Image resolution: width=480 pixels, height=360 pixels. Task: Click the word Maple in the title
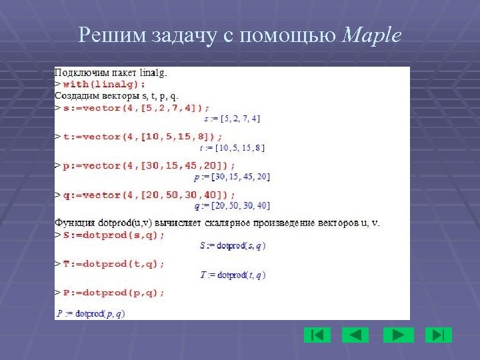point(372,36)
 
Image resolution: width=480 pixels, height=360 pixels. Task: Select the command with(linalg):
point(104,84)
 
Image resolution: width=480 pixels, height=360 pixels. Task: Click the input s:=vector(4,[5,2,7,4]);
point(136,107)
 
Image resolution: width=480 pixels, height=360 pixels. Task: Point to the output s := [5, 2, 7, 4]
point(232,119)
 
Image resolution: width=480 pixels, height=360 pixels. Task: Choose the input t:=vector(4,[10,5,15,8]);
point(143,137)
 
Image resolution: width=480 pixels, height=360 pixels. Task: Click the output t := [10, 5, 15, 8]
point(232,148)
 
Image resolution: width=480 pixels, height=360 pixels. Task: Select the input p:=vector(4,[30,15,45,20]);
point(149,165)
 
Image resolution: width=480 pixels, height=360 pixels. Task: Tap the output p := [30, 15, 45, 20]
point(232,177)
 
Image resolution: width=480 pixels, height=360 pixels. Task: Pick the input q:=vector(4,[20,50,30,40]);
point(149,195)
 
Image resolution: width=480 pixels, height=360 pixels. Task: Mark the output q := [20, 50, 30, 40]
point(232,205)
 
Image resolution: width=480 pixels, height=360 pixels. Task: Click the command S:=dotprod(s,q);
point(114,235)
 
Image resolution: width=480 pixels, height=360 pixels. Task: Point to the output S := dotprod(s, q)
point(233,245)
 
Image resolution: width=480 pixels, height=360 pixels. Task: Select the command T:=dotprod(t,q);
point(114,263)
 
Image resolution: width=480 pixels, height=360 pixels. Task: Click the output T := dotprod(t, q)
point(233,275)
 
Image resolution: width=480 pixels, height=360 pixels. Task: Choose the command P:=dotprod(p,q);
point(114,292)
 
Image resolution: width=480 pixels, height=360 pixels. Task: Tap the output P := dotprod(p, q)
point(91,313)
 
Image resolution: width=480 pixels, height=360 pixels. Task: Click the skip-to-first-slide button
point(317,335)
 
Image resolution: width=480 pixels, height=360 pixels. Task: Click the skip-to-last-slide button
point(438,335)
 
